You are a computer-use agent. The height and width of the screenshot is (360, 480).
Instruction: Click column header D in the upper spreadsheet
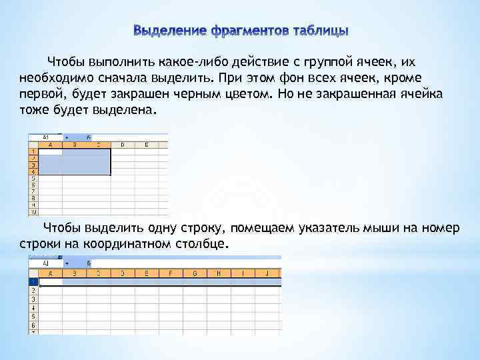(x=121, y=144)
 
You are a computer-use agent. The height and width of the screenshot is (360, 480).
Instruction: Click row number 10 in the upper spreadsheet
(x=31, y=212)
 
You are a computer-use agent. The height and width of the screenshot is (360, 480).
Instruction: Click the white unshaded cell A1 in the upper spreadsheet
(x=49, y=152)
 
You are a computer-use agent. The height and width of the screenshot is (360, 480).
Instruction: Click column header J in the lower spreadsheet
(x=266, y=273)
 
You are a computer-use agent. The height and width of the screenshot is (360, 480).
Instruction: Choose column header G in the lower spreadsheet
(x=194, y=273)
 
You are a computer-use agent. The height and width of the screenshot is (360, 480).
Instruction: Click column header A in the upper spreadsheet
(x=49, y=144)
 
